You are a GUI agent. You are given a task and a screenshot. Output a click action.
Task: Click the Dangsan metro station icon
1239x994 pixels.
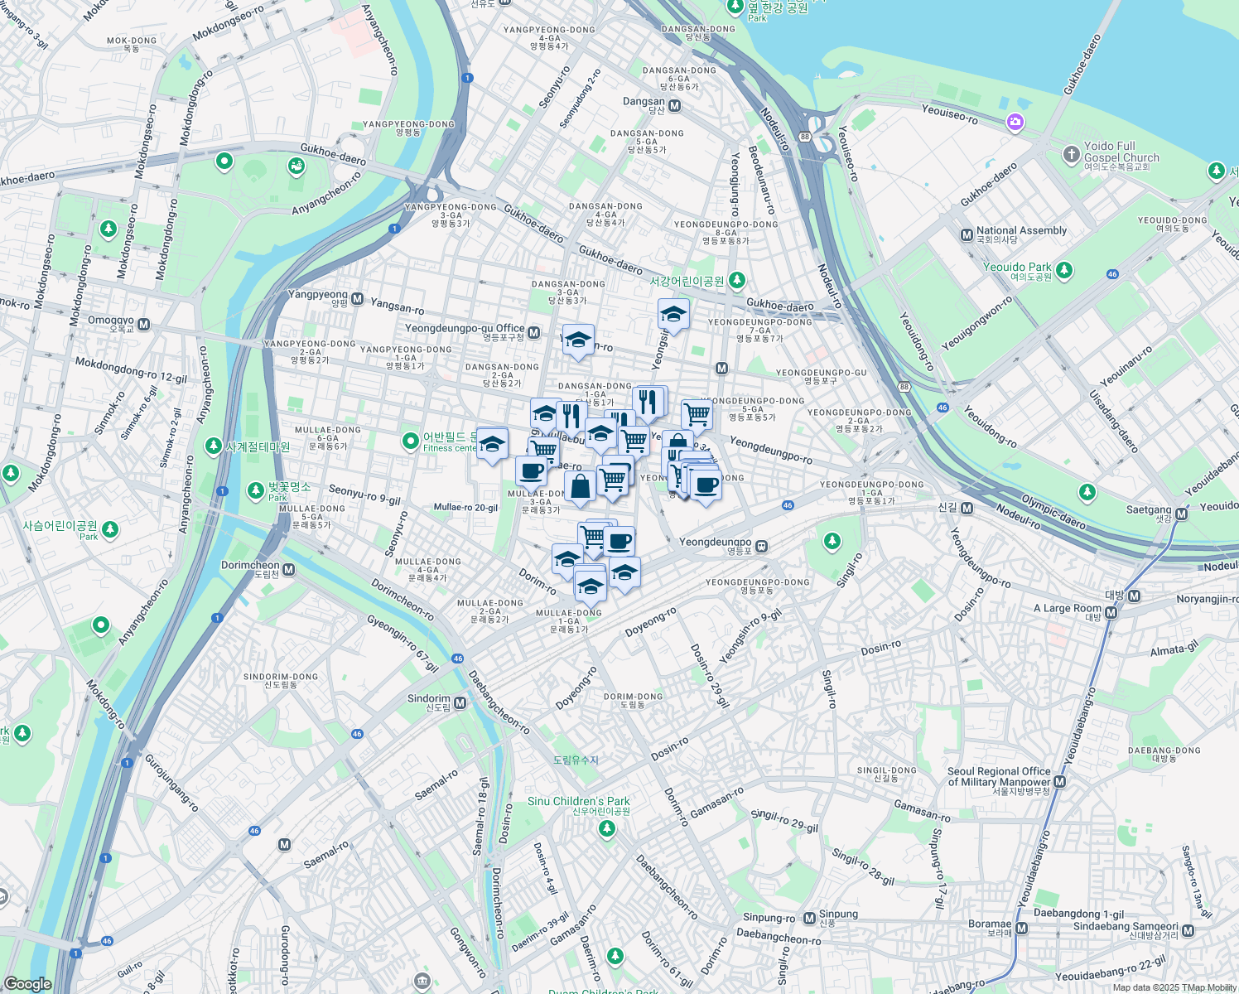675,106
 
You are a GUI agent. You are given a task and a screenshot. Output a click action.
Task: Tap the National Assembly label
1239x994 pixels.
1021,231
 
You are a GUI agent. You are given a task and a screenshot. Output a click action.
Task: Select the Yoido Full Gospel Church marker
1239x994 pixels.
1071,154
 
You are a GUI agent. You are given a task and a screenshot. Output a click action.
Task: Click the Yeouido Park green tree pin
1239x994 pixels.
1064,270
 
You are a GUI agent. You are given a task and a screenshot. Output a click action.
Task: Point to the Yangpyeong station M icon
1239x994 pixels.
358,298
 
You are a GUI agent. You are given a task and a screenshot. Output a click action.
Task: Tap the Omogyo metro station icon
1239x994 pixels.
144,325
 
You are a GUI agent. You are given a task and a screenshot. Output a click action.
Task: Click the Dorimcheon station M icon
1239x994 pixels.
289,570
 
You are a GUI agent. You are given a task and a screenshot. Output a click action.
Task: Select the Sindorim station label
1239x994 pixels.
429,699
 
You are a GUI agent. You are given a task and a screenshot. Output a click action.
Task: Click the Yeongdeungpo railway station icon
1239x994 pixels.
761,547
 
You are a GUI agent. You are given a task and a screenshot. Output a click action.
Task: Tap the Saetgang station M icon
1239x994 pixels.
1182,514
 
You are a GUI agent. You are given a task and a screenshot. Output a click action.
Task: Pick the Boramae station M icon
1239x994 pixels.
1022,929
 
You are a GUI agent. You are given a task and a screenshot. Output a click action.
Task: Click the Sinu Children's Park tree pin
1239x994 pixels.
607,828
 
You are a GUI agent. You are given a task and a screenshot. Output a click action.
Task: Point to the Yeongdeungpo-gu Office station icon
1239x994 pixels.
534,333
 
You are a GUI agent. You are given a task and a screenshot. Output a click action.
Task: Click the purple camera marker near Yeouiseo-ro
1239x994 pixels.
1015,123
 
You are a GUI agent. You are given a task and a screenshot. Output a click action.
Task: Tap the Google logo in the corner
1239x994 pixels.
27,984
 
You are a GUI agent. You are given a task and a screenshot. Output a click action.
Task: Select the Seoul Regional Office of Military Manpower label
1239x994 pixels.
999,776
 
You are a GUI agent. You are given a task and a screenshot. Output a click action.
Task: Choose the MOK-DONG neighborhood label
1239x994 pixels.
132,41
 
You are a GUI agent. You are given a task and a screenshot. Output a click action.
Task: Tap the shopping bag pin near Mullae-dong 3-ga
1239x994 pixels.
581,485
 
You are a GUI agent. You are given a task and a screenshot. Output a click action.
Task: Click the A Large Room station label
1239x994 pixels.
1068,608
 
